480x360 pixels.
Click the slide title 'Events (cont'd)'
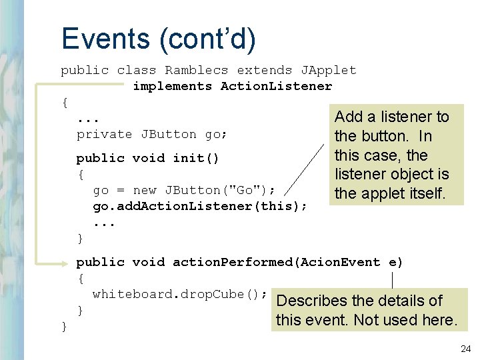tap(158, 38)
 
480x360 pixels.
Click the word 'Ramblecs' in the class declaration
tap(197, 70)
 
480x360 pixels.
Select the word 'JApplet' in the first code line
tap(329, 70)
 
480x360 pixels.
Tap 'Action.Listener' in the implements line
tap(276, 86)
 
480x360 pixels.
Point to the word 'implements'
tap(173, 86)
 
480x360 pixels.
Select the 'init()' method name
tap(196, 158)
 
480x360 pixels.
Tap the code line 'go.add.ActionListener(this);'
tap(200, 206)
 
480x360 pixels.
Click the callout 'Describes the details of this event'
tap(367, 310)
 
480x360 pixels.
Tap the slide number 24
tap(465, 349)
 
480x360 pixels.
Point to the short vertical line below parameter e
tap(393, 280)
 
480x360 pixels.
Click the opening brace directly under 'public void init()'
tap(81, 174)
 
